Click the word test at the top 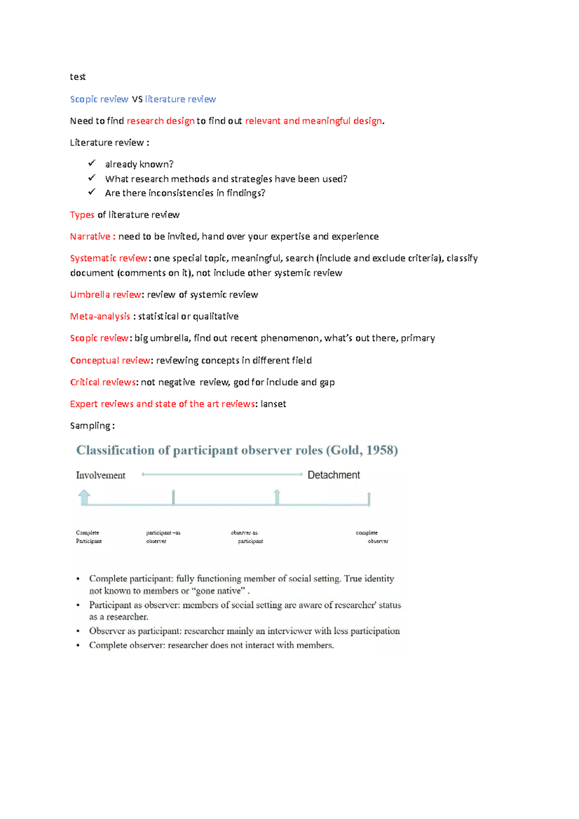pos(78,77)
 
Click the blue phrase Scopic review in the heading pos(99,99)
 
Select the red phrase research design pos(160,121)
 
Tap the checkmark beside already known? pos(92,164)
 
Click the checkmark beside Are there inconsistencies pos(92,192)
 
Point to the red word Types pos(82,215)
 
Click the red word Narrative pos(90,236)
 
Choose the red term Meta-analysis pos(100,316)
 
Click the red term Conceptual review pos(110,360)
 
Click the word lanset pos(273,404)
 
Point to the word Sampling pos(90,425)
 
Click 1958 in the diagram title pos(379,450)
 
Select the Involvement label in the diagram pos(100,475)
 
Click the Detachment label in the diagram pos(333,475)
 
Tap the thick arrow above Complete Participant pos(84,497)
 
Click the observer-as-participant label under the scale pos(246,537)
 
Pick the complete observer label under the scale pos(372,537)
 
